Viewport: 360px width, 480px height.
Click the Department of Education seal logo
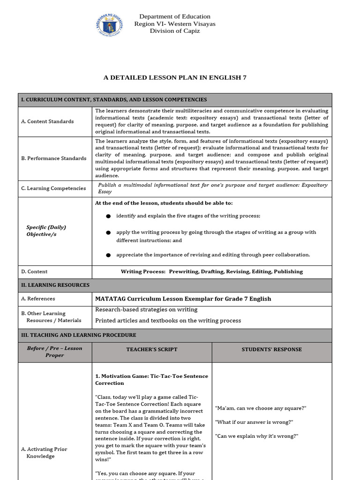coord(109,24)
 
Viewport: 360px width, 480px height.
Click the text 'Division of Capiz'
coord(174,31)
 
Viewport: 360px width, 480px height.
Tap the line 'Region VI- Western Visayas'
coord(174,24)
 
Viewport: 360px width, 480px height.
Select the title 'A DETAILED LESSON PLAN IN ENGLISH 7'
coord(175,77)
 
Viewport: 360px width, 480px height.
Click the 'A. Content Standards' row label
coord(47,121)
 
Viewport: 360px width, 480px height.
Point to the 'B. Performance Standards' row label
coord(54,158)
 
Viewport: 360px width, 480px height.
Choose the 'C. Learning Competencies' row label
coord(53,188)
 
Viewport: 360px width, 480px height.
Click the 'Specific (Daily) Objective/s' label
coord(46,231)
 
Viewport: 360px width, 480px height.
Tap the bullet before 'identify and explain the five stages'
coord(108,216)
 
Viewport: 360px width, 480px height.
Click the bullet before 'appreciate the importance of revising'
coord(108,255)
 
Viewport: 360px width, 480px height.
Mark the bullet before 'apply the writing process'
coord(108,232)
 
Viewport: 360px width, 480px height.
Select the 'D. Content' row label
coord(34,271)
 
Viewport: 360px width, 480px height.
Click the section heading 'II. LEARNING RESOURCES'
coord(55,285)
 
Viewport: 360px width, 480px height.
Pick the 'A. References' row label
coord(38,299)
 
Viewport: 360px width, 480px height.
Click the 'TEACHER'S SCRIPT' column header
coord(152,350)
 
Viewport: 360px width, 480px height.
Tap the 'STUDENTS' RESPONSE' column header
coord(271,350)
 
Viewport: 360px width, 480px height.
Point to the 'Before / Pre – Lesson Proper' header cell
coord(55,352)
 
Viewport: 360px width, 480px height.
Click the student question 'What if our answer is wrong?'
coord(254,422)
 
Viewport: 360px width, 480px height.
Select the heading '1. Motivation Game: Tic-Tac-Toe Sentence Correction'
coord(151,380)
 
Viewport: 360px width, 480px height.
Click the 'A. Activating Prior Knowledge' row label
coord(44,453)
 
